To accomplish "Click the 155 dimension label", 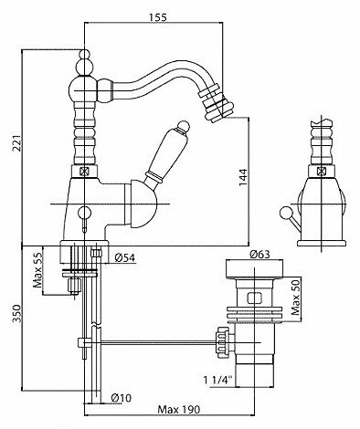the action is [158, 17].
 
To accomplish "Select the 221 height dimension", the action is [18, 142].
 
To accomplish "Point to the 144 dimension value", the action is [243, 177].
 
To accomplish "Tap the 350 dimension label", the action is [18, 313].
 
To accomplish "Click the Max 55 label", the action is [37, 270].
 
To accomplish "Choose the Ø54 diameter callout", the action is [125, 258].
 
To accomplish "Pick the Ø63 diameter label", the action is [259, 254].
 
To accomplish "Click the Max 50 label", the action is [295, 297].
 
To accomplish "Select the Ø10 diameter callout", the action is [121, 398].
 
